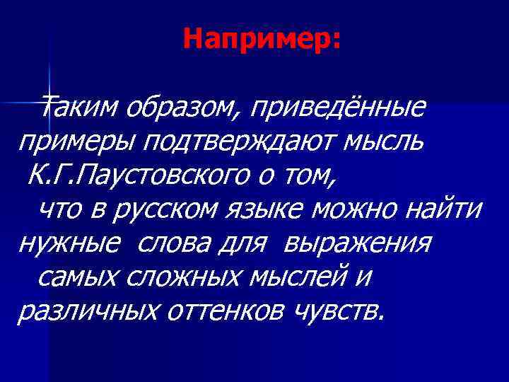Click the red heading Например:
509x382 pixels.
pyautogui.click(x=262, y=39)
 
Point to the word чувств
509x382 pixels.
pyautogui.click(x=341, y=311)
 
